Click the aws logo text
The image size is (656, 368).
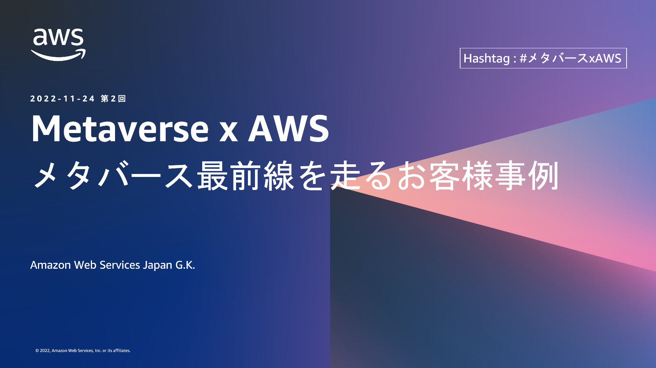58,37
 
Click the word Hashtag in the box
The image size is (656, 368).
486,58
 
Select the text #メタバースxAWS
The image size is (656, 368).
570,58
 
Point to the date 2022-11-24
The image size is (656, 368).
63,99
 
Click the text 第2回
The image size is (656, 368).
113,99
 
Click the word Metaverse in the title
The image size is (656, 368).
120,129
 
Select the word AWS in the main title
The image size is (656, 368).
289,129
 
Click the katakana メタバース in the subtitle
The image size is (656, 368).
113,176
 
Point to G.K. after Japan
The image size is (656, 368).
185,265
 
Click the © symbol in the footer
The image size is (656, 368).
37,351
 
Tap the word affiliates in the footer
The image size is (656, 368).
122,351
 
